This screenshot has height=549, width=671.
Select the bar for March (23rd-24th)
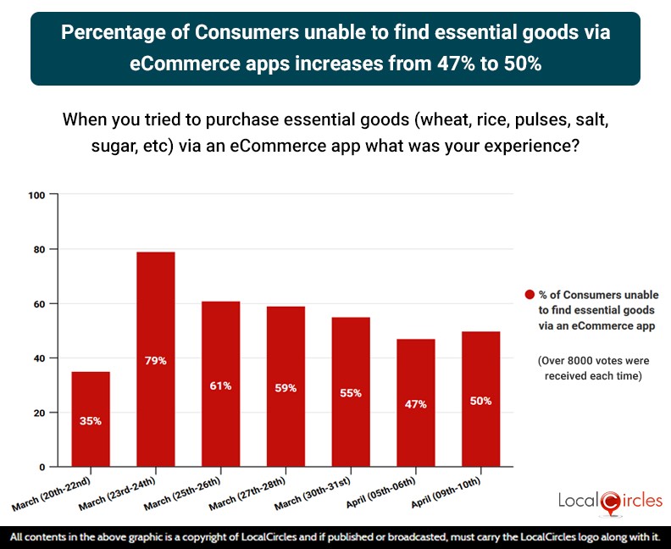pyautogui.click(x=156, y=359)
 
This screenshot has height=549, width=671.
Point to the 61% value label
pyautogui.click(x=220, y=385)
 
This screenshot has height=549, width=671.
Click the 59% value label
pyautogui.click(x=286, y=388)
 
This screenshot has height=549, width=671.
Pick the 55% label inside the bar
pyautogui.click(x=351, y=393)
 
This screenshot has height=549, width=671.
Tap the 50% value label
pyautogui.click(x=480, y=401)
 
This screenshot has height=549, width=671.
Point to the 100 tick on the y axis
pyautogui.click(x=36, y=196)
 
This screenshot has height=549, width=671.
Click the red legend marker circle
pyautogui.click(x=530, y=295)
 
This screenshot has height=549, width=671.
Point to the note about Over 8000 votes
pyautogui.click(x=590, y=369)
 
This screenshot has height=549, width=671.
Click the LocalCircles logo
pyautogui.click(x=610, y=502)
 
